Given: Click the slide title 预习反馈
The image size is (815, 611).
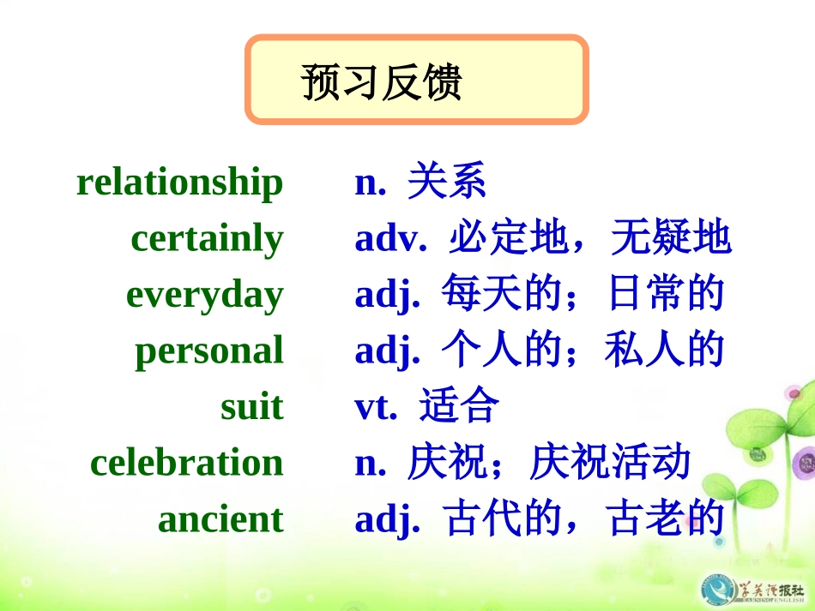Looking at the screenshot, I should click(x=382, y=82).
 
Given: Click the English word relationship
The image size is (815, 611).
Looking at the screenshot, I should click(x=179, y=183).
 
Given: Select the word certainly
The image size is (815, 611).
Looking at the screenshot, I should click(x=207, y=239).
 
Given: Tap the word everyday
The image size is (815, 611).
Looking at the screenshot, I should click(x=204, y=295).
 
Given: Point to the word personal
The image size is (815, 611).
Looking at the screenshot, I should click(x=208, y=351).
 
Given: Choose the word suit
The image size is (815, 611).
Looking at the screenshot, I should click(x=251, y=406).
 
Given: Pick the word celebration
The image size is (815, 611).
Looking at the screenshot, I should click(x=186, y=463).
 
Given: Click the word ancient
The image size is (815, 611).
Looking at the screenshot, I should click(x=220, y=519).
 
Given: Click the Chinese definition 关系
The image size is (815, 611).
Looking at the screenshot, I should click(x=447, y=182).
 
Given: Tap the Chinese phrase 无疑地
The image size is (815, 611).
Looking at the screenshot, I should click(x=671, y=238).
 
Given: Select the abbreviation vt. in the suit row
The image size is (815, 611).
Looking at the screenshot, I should click(x=376, y=406).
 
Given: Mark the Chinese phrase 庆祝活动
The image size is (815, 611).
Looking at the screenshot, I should click(x=610, y=463).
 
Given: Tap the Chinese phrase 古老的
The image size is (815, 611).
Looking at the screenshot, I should click(x=666, y=519).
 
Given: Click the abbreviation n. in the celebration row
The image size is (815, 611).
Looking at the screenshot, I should click(x=370, y=463).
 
